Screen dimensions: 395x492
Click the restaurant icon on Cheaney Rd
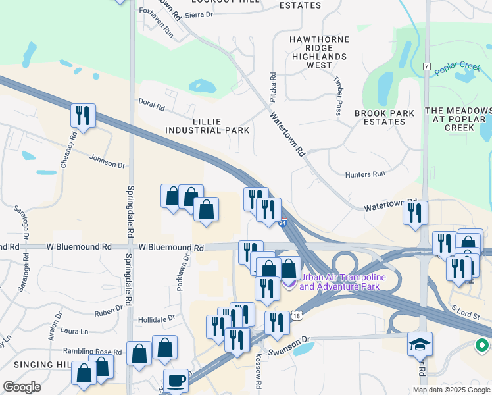(84, 115)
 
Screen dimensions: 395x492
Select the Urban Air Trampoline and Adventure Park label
(343, 282)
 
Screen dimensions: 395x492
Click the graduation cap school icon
(420, 344)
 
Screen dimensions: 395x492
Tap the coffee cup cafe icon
(176, 381)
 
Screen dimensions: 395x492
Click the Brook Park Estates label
(384, 117)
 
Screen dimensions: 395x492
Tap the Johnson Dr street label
(107, 161)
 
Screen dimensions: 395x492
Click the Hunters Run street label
(364, 174)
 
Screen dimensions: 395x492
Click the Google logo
(22, 387)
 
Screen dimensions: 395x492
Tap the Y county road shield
(426, 66)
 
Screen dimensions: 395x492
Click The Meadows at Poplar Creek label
(458, 118)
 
